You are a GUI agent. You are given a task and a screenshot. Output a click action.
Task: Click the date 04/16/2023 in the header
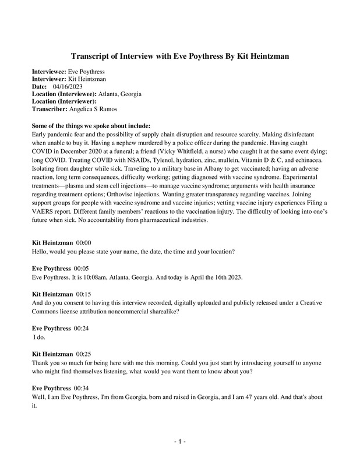(x=75, y=86)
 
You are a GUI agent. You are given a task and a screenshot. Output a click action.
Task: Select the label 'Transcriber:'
(x=50, y=109)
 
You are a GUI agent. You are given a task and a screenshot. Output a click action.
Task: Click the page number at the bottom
(x=180, y=443)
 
